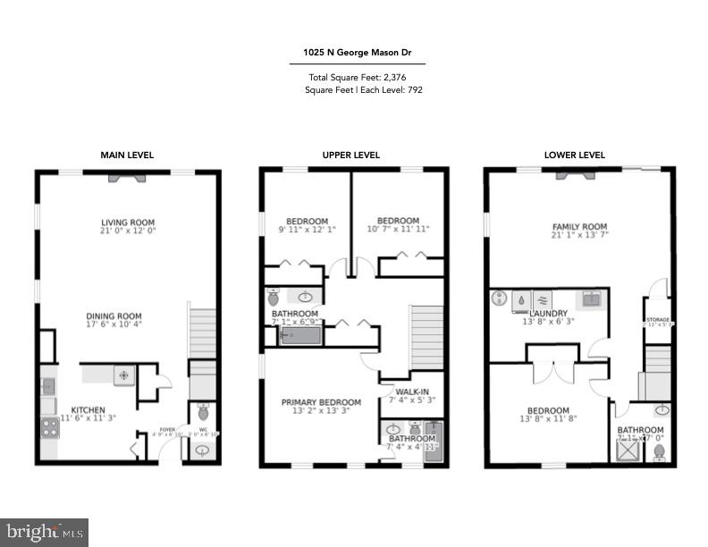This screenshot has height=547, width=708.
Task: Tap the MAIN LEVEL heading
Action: point(127,155)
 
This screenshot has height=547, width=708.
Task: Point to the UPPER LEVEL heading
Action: point(351,155)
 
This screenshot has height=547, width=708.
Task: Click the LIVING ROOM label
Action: point(127,223)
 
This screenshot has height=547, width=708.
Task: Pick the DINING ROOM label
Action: point(114,316)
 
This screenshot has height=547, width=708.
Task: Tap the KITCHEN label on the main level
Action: point(88,411)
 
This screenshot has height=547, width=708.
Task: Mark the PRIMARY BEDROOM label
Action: point(321,402)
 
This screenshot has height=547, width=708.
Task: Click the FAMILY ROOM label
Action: point(578,227)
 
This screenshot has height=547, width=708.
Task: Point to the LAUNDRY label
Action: point(549,313)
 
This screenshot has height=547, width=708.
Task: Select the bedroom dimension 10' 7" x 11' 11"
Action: point(398,230)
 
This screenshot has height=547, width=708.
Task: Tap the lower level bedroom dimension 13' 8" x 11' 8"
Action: point(548,420)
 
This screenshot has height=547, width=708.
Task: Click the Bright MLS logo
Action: point(45,532)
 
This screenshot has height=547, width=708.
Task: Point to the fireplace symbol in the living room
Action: point(126,178)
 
